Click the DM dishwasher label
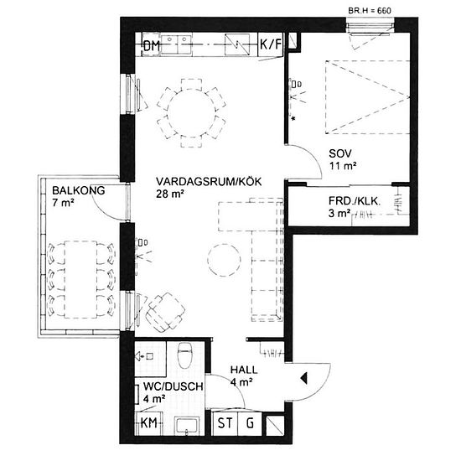point(152,46)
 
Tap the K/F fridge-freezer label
point(271,44)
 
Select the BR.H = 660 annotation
point(370,11)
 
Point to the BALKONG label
point(79,190)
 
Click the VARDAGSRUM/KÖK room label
point(209,182)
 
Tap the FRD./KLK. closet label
point(355,201)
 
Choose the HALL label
point(244,370)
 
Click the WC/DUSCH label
point(174,386)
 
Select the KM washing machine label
point(148,423)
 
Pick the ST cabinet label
point(225,423)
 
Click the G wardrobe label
point(250,423)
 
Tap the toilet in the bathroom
point(185,355)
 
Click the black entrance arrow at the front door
point(303,378)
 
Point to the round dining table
point(191,112)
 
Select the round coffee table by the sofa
point(224,260)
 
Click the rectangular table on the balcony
point(80,279)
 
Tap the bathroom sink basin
point(186,426)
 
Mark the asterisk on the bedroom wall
point(293,118)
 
